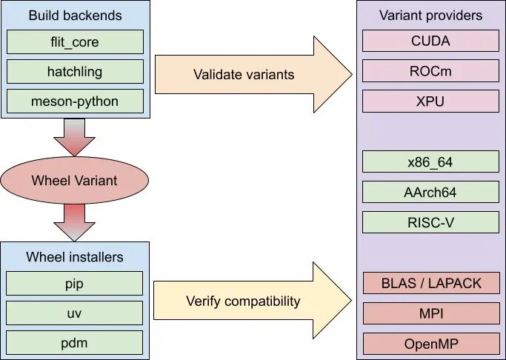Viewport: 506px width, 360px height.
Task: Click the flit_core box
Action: [x=75, y=42]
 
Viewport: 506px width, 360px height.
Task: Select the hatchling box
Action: [x=75, y=72]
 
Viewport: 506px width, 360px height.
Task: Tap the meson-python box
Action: [x=75, y=101]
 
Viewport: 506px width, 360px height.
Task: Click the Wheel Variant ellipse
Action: [x=75, y=180]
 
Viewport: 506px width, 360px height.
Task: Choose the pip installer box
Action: [x=75, y=284]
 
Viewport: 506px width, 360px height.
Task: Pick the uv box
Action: [x=75, y=313]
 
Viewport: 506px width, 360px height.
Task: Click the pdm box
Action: [x=75, y=342]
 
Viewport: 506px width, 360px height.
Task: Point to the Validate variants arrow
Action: [x=253, y=75]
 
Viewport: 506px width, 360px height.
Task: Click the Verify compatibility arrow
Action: [x=253, y=301]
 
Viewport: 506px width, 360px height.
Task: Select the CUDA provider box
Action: [x=431, y=41]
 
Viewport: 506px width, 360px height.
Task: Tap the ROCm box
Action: [x=431, y=71]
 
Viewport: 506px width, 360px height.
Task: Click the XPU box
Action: [x=431, y=101]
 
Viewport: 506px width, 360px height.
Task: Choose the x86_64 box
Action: [x=431, y=161]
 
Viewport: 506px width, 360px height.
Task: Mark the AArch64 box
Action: [x=431, y=192]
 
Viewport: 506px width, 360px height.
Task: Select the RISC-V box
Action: [x=431, y=222]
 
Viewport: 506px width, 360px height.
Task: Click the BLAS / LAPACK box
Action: [x=431, y=283]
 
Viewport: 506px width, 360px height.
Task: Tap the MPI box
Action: [x=431, y=313]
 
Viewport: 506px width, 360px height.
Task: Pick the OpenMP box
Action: [x=431, y=344]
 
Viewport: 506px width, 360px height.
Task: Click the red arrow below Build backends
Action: [x=75, y=138]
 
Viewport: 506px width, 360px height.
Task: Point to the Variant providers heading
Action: [x=431, y=15]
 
